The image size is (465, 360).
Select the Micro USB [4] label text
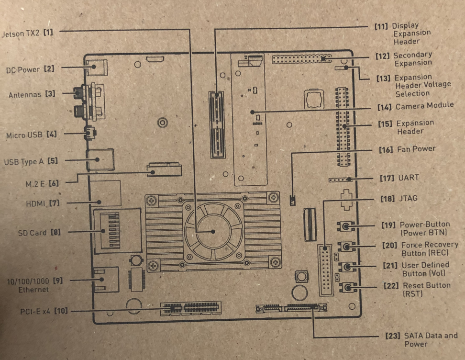[x=31, y=135]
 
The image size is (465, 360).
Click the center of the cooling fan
[x=213, y=232]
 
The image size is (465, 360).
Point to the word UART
[x=409, y=178]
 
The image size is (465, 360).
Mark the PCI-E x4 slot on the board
[x=190, y=306]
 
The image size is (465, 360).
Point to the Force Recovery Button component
[x=346, y=247]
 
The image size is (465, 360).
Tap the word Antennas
[x=25, y=95]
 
